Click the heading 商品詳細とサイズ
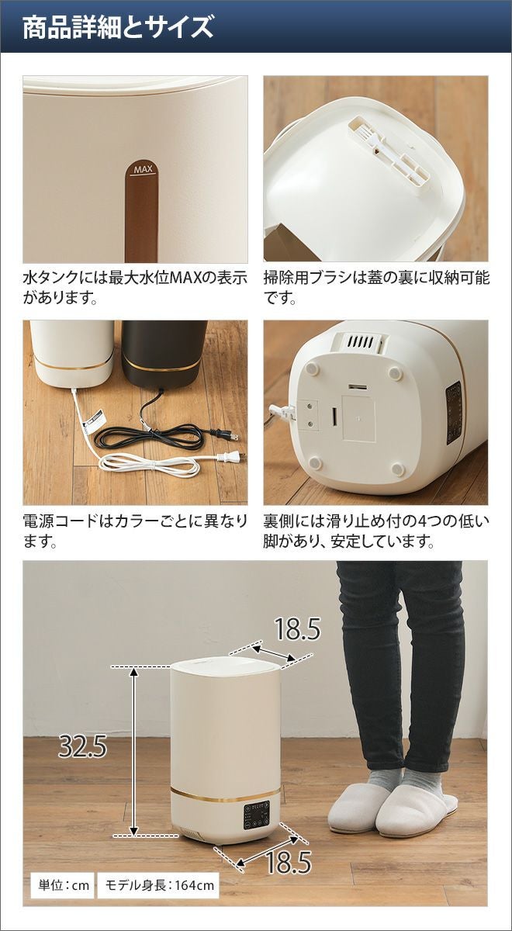coord(118,27)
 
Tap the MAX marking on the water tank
coord(144,170)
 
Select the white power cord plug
coord(230,458)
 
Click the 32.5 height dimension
coord(83,746)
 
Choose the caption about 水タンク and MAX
coord(135,287)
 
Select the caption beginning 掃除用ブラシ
coord(376,287)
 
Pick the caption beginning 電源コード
coord(135,531)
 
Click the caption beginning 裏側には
coord(376,531)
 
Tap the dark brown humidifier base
coord(164,353)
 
